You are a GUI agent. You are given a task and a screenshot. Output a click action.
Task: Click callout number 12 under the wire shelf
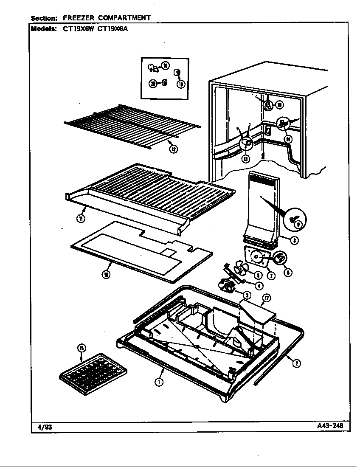pos(173,149)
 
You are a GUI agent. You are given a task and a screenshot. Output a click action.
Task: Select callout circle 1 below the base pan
pos(158,382)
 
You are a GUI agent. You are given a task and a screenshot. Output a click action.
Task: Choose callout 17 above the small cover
pos(267,298)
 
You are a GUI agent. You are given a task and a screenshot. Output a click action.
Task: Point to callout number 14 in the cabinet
pos(288,138)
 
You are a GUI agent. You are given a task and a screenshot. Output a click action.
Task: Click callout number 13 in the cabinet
pos(246,159)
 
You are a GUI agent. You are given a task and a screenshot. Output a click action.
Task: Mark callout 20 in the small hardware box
pos(152,84)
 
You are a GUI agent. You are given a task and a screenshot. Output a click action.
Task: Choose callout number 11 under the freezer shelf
pos(80,219)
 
